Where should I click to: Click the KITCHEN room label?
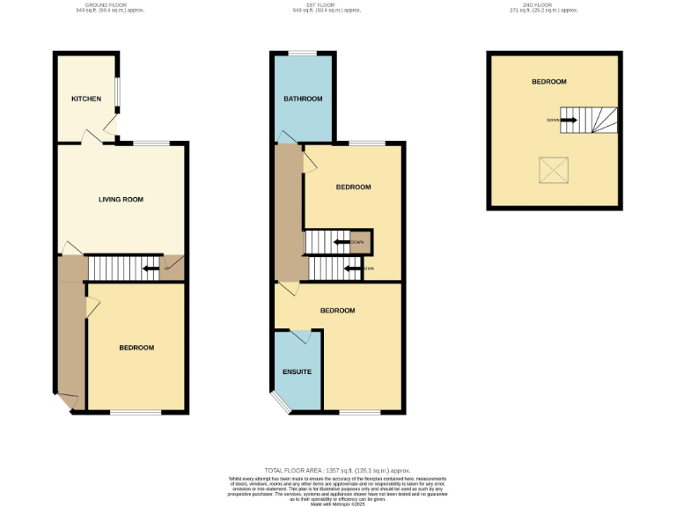point(86,99)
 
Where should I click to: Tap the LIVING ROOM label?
point(121,200)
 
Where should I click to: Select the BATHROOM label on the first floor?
point(303,99)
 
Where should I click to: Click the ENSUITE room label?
point(297,371)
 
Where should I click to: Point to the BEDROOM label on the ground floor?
point(136,348)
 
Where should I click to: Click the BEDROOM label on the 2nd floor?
point(548,82)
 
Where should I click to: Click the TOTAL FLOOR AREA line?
point(337,471)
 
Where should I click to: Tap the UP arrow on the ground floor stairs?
point(151,268)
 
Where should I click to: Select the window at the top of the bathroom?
point(303,53)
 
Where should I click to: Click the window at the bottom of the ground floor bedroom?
point(136,412)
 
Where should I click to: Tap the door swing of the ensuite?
point(300,336)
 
